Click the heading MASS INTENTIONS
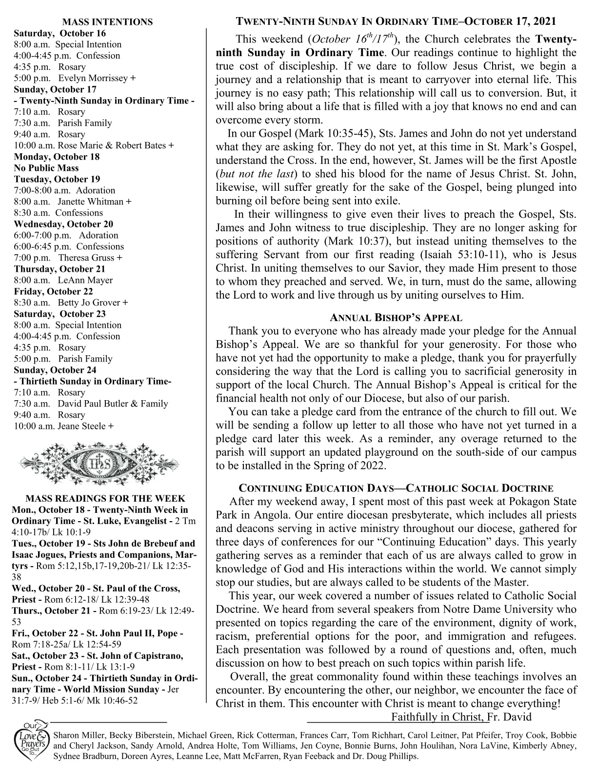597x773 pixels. [x=107, y=22]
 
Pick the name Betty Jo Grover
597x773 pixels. [x=90, y=303]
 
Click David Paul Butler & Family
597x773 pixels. [x=113, y=404]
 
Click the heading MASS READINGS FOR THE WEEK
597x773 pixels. [x=105, y=499]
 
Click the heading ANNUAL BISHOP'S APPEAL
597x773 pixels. [x=396, y=318]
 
